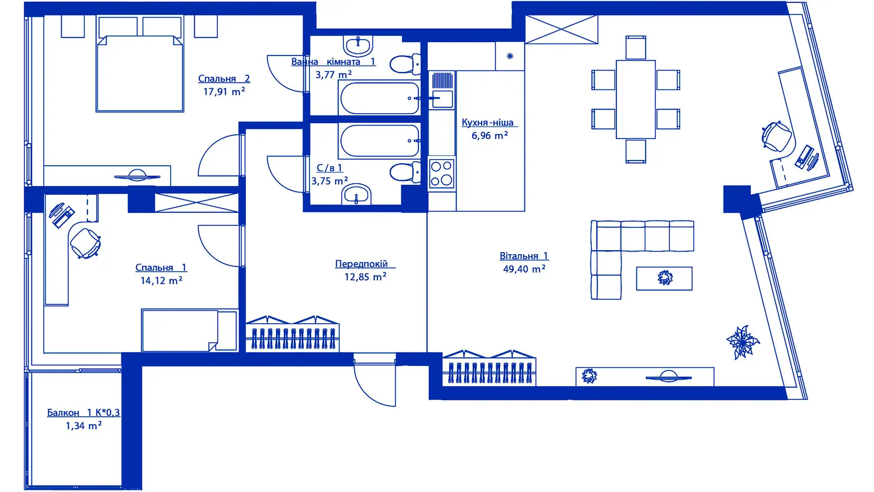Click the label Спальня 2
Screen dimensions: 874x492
(224, 79)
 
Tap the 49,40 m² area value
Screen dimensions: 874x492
(524, 269)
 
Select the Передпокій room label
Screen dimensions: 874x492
(362, 264)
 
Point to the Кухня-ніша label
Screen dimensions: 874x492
(488, 122)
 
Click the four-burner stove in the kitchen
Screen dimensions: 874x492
(442, 173)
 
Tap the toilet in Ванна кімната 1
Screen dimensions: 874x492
(405, 64)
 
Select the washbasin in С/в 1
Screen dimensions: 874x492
(356, 195)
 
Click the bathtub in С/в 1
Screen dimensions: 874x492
(379, 141)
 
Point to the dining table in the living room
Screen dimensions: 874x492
(635, 99)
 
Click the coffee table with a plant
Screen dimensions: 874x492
(664, 278)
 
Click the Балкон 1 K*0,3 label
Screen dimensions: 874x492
(83, 413)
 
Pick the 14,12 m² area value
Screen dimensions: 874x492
(161, 281)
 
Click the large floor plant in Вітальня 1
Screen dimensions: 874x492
(742, 342)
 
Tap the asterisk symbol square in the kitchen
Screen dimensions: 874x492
(510, 56)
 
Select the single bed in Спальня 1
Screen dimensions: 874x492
(189, 330)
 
